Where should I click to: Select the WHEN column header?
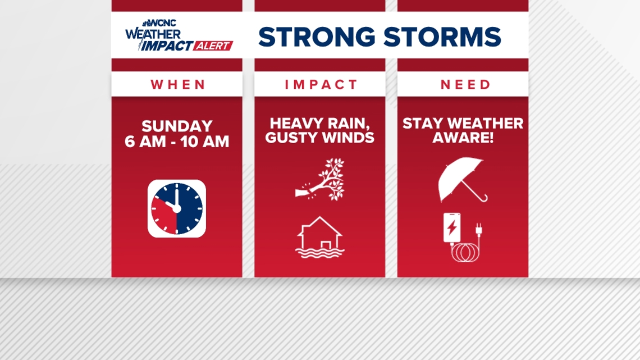(178, 85)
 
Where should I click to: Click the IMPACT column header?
(321, 85)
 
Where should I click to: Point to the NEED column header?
(465, 85)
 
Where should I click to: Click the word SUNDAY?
(177, 126)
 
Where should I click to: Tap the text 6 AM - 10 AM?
(177, 142)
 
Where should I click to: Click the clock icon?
(177, 208)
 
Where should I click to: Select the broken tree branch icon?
(320, 180)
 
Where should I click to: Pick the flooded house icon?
(319, 237)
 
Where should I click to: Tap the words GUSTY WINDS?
(319, 138)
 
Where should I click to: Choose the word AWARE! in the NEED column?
(463, 138)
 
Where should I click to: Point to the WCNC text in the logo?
(162, 22)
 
